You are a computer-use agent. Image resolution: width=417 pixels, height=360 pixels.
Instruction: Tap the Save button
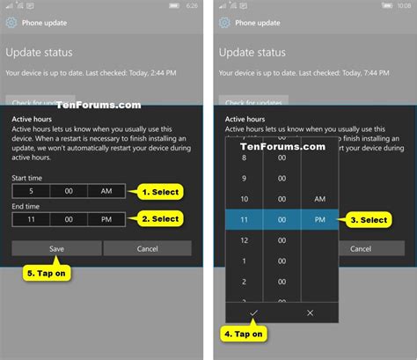55,248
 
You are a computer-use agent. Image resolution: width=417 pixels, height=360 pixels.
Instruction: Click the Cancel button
147,248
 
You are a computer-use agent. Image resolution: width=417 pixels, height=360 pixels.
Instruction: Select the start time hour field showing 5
31,191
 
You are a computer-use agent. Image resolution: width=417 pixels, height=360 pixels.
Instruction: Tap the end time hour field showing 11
31,218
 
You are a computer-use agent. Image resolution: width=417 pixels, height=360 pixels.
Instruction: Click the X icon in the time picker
309,312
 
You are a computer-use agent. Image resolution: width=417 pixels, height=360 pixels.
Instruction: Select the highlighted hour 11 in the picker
244,220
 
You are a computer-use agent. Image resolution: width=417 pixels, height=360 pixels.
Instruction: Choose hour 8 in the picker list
244,156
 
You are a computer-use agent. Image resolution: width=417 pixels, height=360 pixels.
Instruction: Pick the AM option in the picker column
319,199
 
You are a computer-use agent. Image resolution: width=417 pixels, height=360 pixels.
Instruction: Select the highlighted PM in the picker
319,220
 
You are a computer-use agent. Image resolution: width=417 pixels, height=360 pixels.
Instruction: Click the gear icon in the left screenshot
14,22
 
